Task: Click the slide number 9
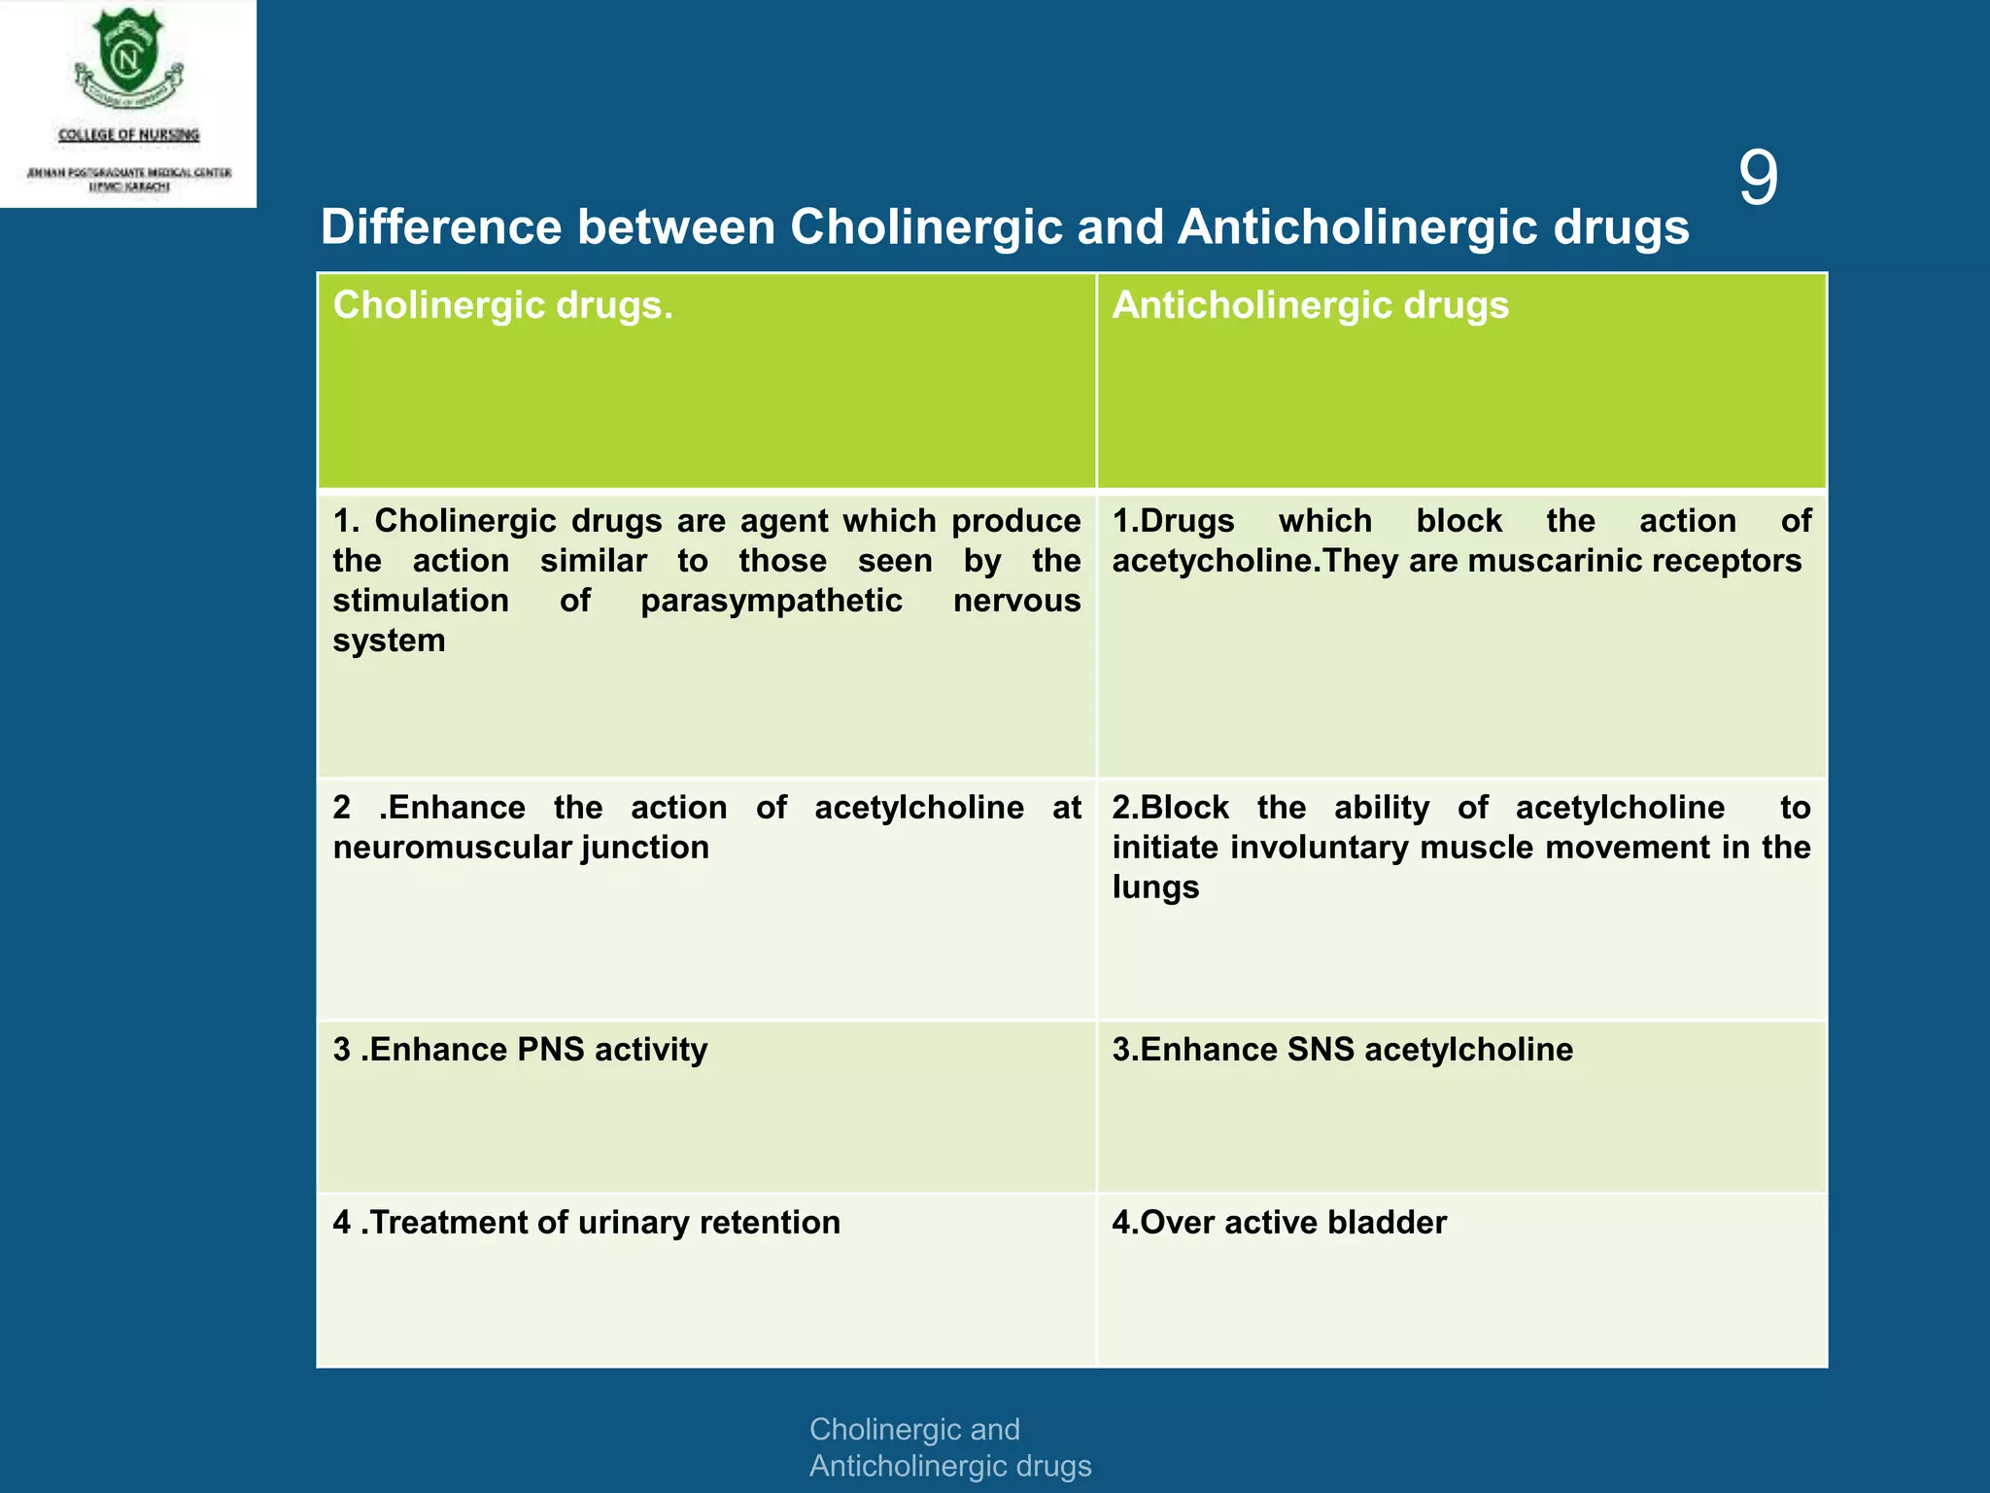pyautogui.click(x=1757, y=179)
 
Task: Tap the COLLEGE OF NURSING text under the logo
pyautogui.click(x=128, y=135)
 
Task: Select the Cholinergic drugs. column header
pyautogui.click(x=502, y=306)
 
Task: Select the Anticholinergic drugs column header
pyautogui.click(x=1310, y=306)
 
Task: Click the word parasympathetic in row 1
pyautogui.click(x=771, y=601)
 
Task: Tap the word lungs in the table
pyautogui.click(x=1154, y=887)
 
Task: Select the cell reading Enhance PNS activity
pyautogui.click(x=520, y=1050)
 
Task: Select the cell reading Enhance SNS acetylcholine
pyautogui.click(x=1342, y=1050)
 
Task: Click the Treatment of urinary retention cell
pyautogui.click(x=586, y=1223)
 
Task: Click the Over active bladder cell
pyautogui.click(x=1279, y=1223)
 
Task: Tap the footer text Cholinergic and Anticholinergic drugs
pyautogui.click(x=949, y=1447)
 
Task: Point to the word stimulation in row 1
pyautogui.click(x=420, y=601)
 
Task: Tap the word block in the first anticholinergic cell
pyautogui.click(x=1458, y=521)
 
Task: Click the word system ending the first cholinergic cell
pyautogui.click(x=389, y=641)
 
